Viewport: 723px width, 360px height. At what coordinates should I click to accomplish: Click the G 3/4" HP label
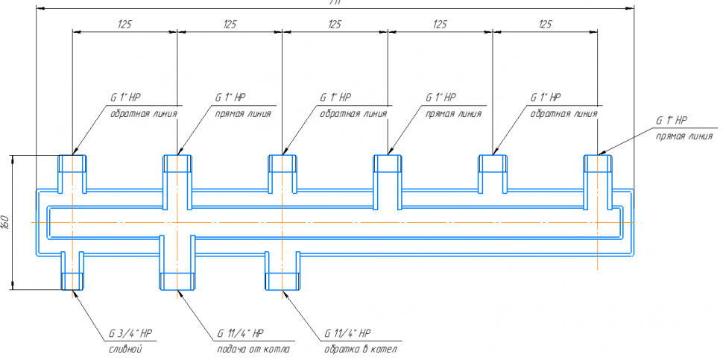click(x=130, y=332)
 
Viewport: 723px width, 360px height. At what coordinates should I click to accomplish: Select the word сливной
click(x=121, y=349)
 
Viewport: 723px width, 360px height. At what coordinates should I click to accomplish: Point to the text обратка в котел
click(x=360, y=349)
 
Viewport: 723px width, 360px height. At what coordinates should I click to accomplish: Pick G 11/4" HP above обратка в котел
click(x=347, y=332)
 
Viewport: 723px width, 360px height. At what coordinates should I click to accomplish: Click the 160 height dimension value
click(x=6, y=221)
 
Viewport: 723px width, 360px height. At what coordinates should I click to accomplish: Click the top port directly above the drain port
click(x=72, y=164)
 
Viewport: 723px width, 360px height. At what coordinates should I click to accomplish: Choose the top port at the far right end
click(x=598, y=164)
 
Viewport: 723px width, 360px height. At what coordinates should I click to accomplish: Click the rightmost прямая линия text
click(x=684, y=136)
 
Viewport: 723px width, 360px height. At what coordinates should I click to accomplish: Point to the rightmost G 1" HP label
click(x=672, y=120)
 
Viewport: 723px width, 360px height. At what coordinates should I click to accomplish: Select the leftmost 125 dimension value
click(x=124, y=25)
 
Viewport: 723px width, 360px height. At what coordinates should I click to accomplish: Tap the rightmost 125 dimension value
click(x=545, y=25)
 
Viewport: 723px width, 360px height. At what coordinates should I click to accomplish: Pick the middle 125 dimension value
click(x=335, y=25)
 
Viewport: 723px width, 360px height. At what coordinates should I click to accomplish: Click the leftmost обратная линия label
click(x=143, y=114)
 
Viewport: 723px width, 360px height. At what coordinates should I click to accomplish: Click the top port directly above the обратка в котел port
click(x=282, y=164)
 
